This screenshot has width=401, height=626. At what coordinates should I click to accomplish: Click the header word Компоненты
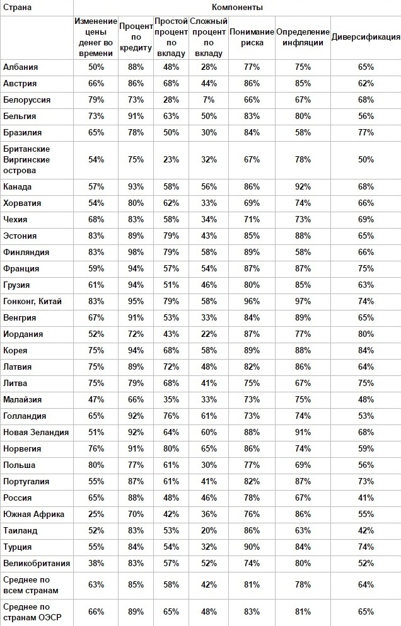(237, 7)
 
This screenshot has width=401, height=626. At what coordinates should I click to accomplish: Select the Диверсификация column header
(366, 37)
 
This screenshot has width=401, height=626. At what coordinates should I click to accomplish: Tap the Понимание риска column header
(252, 37)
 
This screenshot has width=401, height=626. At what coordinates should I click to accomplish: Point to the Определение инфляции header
(303, 37)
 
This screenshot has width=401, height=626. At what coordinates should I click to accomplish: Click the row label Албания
(21, 67)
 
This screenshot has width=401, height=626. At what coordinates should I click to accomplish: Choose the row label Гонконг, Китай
(32, 302)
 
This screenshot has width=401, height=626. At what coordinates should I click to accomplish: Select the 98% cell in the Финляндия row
(136, 253)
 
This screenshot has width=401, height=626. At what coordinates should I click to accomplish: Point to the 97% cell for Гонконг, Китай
(303, 302)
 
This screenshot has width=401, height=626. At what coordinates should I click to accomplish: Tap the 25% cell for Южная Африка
(96, 515)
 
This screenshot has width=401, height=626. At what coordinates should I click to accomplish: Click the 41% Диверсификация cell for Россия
(366, 498)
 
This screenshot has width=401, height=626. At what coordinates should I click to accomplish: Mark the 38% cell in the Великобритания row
(96, 564)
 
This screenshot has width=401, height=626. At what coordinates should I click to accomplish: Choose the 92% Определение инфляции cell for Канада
(303, 187)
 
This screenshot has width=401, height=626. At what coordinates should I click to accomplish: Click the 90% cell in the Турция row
(252, 547)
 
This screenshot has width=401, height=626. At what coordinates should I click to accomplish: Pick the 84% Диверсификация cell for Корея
(366, 351)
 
